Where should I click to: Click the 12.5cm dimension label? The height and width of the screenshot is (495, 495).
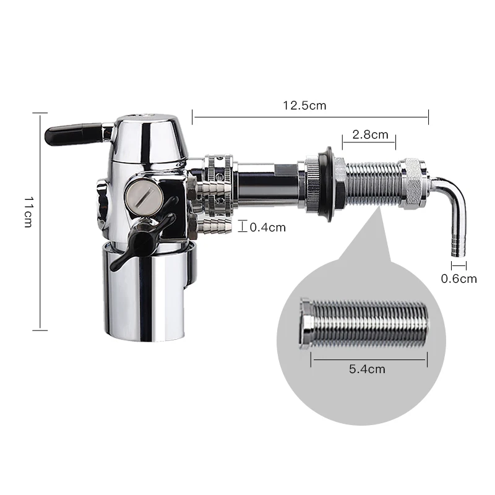pos(304,105)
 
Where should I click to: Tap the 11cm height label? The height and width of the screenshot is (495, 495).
pos(28,212)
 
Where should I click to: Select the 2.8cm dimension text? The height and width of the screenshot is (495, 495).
pos(370,135)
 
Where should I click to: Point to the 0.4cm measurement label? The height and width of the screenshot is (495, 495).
pos(268,227)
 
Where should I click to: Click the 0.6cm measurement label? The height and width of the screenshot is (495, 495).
pos(458,279)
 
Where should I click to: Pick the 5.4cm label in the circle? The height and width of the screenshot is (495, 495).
pos(367,369)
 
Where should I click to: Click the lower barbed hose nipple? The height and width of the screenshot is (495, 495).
pos(214,226)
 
